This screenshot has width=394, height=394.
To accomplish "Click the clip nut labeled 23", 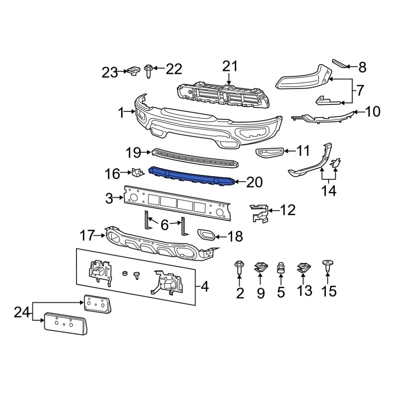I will point(133,71).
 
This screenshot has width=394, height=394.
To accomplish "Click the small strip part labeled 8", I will point(340,63).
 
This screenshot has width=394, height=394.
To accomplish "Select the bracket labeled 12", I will point(260,213).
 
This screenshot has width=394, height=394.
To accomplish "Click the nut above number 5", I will point(281,268).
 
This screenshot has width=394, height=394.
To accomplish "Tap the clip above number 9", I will point(260,268).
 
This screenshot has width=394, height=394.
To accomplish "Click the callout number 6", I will point(164,225).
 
